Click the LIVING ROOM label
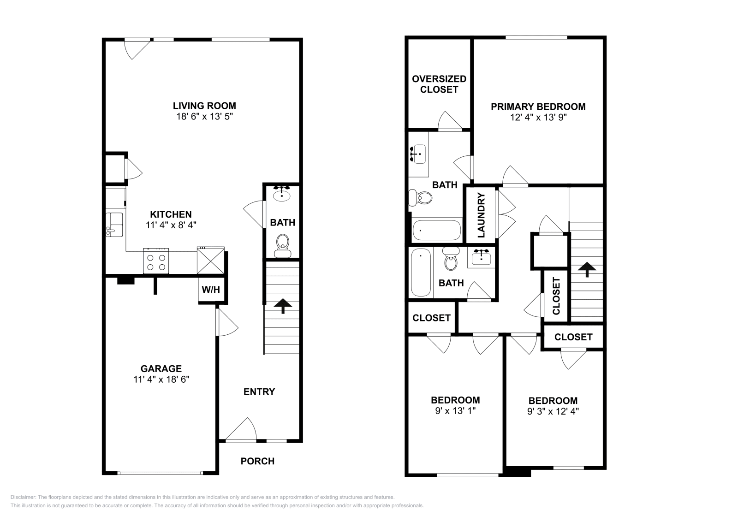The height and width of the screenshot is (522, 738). coord(204,106)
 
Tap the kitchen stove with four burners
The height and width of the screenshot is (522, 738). coord(156,261)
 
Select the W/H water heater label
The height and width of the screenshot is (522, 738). coord(211,290)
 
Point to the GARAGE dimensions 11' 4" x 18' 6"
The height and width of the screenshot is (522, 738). coord(161,380)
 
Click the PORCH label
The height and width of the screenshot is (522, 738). coord(257,461)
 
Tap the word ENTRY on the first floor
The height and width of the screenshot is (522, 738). coord(259,391)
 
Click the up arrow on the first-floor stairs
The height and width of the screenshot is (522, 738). coord(283,306)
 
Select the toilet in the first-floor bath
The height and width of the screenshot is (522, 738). coord(282,246)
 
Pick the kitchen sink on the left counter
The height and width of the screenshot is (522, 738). coord(114,225)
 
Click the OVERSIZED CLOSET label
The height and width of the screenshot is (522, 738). coord(439,84)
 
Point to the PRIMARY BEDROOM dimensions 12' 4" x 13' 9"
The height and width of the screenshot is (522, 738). coord(538,117)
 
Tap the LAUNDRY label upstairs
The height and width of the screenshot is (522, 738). coord(481,215)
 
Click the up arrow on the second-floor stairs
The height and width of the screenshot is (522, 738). coord(587,269)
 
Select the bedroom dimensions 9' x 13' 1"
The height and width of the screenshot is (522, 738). coord(455,411)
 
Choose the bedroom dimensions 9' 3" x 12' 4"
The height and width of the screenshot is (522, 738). coord(553,411)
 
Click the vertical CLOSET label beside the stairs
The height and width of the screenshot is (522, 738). coord(556,296)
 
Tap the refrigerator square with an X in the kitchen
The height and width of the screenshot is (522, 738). coord(210,261)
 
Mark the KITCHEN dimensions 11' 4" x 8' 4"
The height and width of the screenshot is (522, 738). coord(171,225)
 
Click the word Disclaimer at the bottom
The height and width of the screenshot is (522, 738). coord(23,497)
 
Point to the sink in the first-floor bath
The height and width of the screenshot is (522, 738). coord(282,194)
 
